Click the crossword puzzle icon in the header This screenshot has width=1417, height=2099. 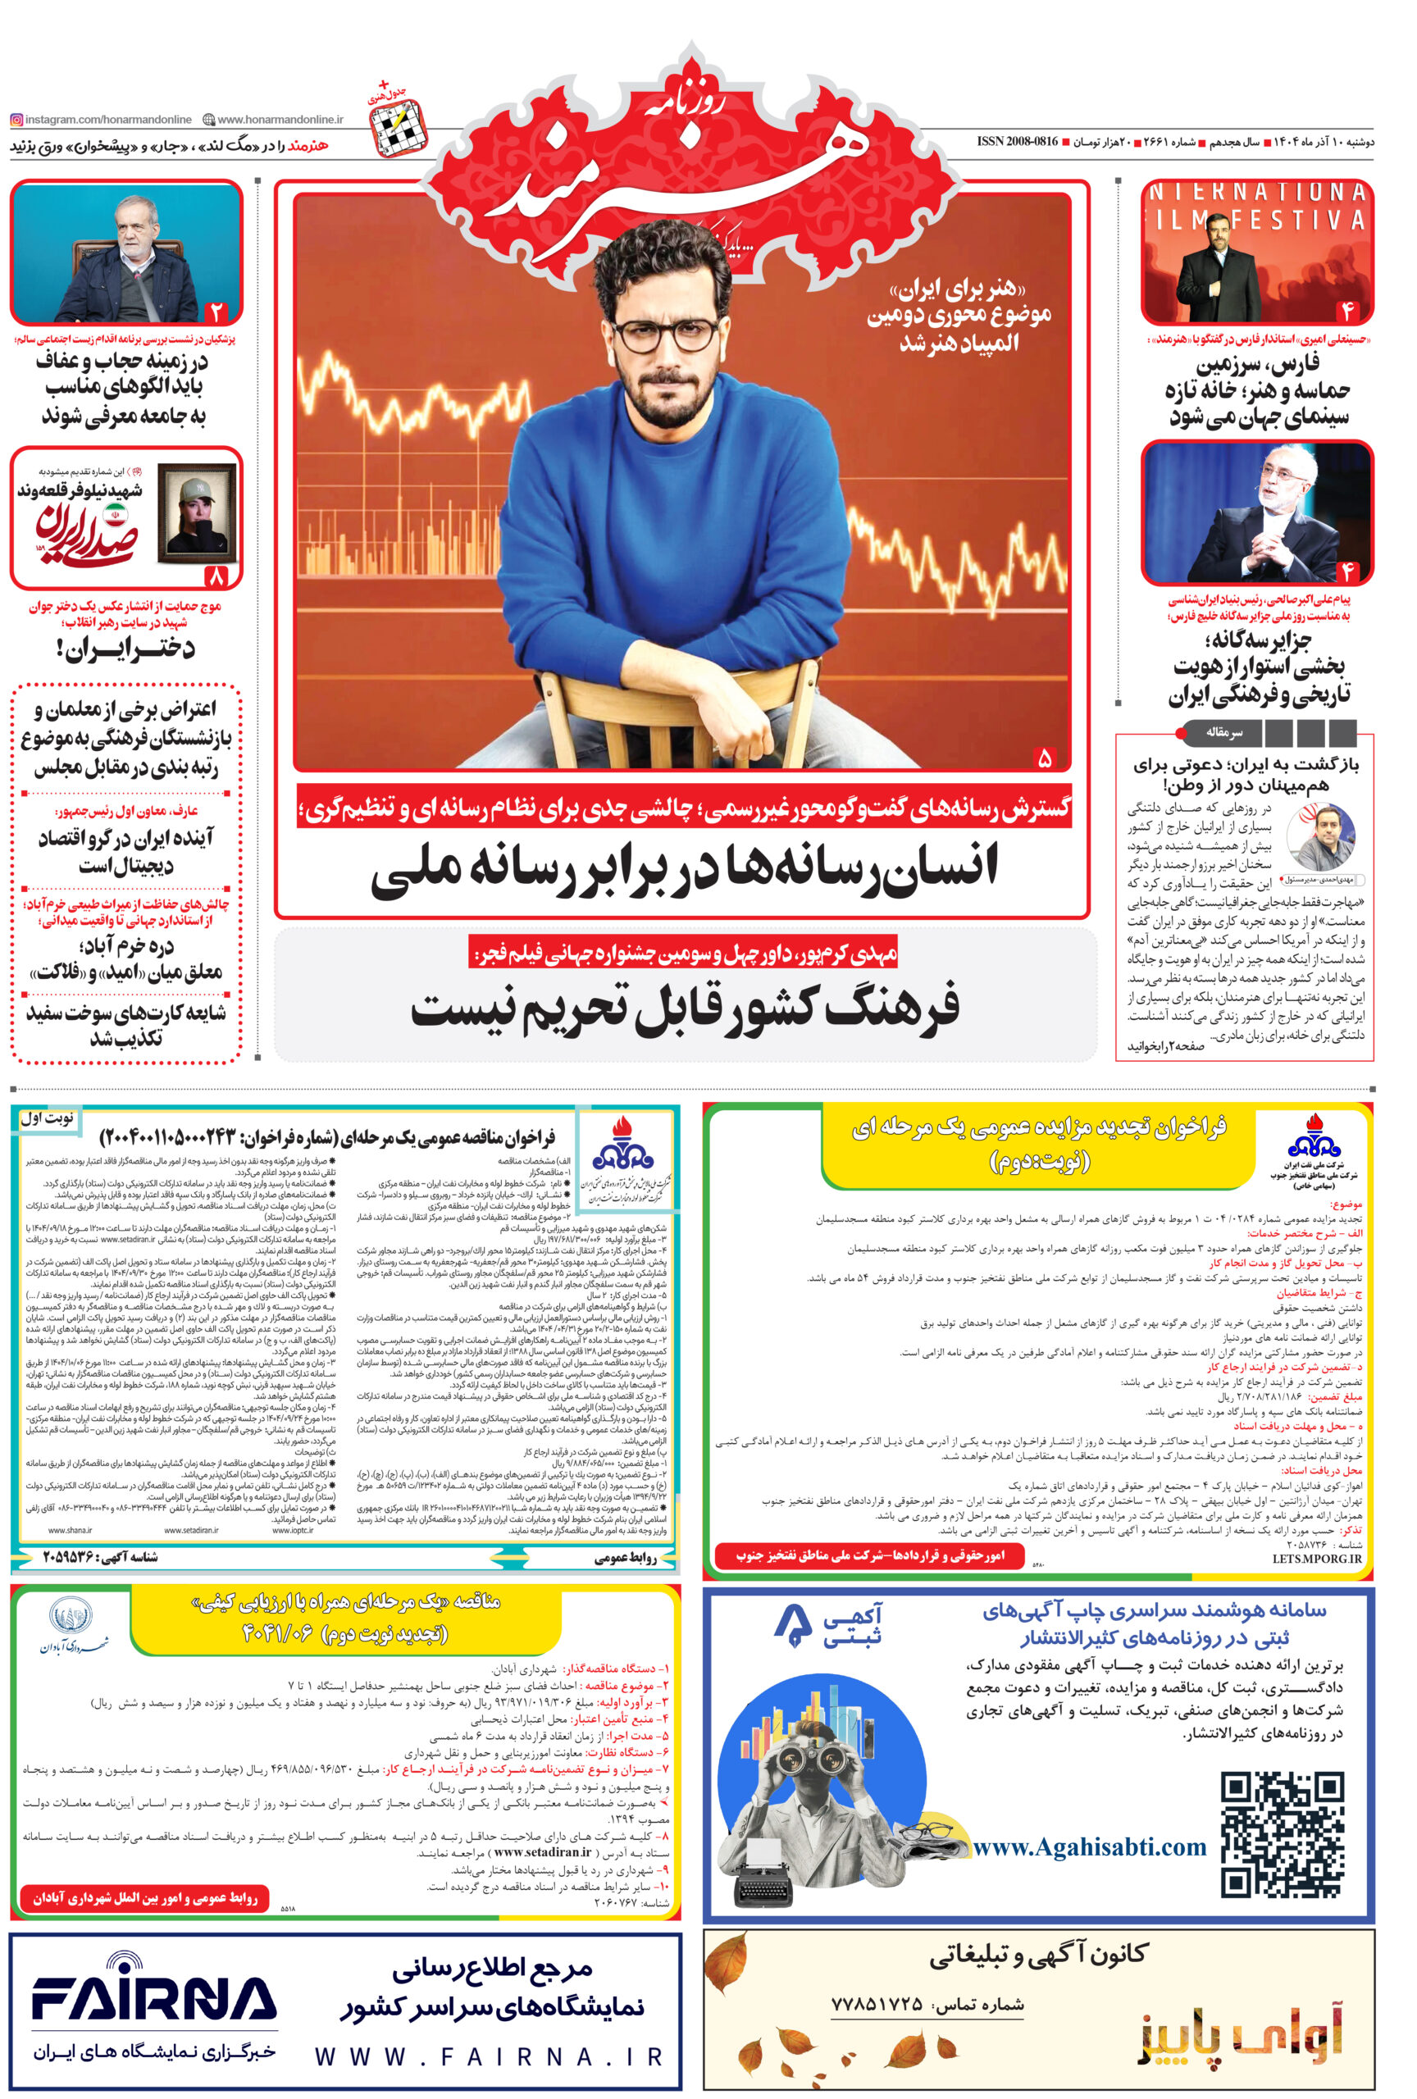click(398, 125)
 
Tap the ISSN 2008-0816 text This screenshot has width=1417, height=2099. click(1017, 142)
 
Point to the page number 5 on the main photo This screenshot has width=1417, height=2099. click(1044, 757)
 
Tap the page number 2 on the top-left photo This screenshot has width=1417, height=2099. click(216, 312)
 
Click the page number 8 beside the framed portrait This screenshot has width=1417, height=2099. click(216, 575)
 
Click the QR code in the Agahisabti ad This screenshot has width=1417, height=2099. click(1282, 1834)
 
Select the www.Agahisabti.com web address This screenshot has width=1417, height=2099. click(1089, 1847)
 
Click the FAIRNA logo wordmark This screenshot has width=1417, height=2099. click(153, 2001)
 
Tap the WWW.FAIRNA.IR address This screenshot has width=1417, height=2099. click(489, 2057)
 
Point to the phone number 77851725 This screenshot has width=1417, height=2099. click(876, 2005)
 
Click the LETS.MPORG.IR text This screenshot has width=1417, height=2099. click(1316, 1558)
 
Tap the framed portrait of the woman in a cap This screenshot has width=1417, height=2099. click(196, 512)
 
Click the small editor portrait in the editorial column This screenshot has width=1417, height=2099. click(1319, 837)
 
